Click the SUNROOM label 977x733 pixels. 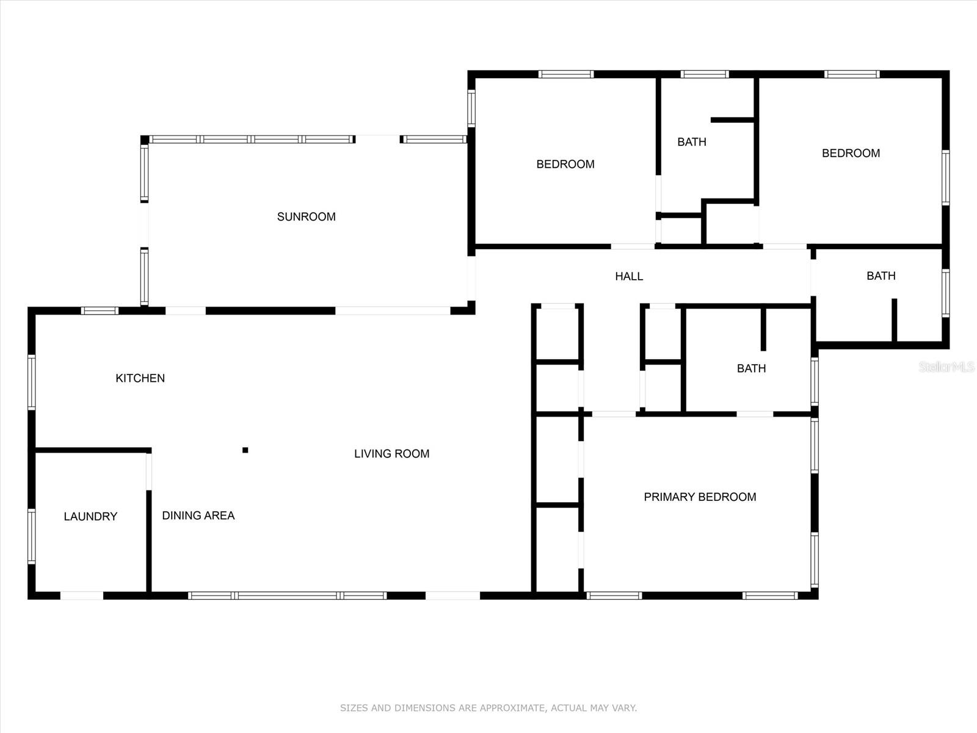point(306,217)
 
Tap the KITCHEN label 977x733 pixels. point(140,378)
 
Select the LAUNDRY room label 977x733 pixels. point(90,517)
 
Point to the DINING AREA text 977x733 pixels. point(198,516)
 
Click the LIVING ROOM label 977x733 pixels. point(391,454)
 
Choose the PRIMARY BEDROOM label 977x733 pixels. point(700,497)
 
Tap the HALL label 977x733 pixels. point(628,277)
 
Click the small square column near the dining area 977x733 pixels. point(245,450)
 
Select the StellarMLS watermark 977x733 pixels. point(946,366)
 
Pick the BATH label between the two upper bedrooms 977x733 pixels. point(691,142)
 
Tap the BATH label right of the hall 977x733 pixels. point(881,276)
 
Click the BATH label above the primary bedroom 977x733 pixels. point(750,368)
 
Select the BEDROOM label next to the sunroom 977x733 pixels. point(565,164)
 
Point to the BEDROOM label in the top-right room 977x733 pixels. point(851,153)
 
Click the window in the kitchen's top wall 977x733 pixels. point(100,311)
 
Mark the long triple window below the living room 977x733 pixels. point(287,596)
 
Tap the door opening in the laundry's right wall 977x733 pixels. point(148,471)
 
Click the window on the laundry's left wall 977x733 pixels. point(31,536)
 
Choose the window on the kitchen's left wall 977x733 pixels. point(31,382)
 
